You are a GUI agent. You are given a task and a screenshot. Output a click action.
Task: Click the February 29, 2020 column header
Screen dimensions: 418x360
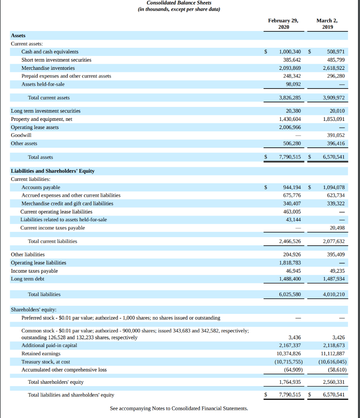pyautogui.click(x=283, y=24)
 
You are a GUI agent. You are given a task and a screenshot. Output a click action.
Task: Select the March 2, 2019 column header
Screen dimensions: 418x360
pyautogui.click(x=327, y=24)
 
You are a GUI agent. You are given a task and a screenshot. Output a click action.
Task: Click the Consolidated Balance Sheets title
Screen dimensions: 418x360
pyautogui.click(x=179, y=3)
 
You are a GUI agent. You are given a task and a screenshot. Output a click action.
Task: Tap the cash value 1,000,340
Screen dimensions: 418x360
pyautogui.click(x=290, y=52)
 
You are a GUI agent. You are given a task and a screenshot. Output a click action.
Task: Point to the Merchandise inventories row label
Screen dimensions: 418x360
pyautogui.click(x=48, y=68)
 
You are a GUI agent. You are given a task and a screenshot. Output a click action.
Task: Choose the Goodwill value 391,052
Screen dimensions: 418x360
pyautogui.click(x=336, y=135)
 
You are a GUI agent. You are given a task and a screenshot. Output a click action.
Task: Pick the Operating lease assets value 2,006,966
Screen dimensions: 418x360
pyautogui.click(x=290, y=127)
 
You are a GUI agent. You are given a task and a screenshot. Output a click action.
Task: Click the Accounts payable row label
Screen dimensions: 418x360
pyautogui.click(x=41, y=187)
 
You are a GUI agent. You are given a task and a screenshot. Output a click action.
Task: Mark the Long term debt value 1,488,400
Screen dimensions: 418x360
pyautogui.click(x=290, y=279)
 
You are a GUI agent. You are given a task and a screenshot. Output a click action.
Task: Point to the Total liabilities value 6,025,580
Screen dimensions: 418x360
pyautogui.click(x=290, y=294)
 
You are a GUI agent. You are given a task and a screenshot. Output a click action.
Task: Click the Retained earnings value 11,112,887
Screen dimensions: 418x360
pyautogui.click(x=333, y=354)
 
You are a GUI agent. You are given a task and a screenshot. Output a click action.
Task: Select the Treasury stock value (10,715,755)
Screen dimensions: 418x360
pyautogui.click(x=289, y=362)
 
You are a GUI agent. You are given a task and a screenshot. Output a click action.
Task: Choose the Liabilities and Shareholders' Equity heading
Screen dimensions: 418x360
pyautogui.click(x=53, y=171)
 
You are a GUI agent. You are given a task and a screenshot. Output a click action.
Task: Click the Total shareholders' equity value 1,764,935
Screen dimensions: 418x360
pyautogui.click(x=290, y=382)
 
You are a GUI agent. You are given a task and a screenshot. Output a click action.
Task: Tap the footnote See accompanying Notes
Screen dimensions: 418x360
pyautogui.click(x=179, y=409)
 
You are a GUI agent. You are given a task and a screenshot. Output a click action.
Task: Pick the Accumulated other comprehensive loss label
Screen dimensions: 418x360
pyautogui.click(x=64, y=370)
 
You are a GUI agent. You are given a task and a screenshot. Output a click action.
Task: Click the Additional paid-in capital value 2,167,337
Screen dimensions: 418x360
pyautogui.click(x=290, y=345)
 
